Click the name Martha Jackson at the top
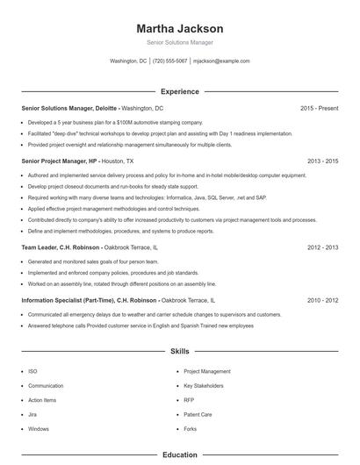click(180, 28)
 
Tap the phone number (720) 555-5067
click(169, 61)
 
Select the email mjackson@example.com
click(221, 61)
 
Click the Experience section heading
click(180, 91)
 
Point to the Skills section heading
click(180, 351)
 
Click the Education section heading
click(180, 455)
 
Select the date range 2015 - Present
click(319, 108)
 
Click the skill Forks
click(191, 429)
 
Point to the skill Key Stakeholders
click(204, 386)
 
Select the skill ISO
click(32, 371)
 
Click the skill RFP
click(189, 400)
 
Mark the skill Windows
click(39, 429)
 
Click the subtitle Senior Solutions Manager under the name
click(180, 42)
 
